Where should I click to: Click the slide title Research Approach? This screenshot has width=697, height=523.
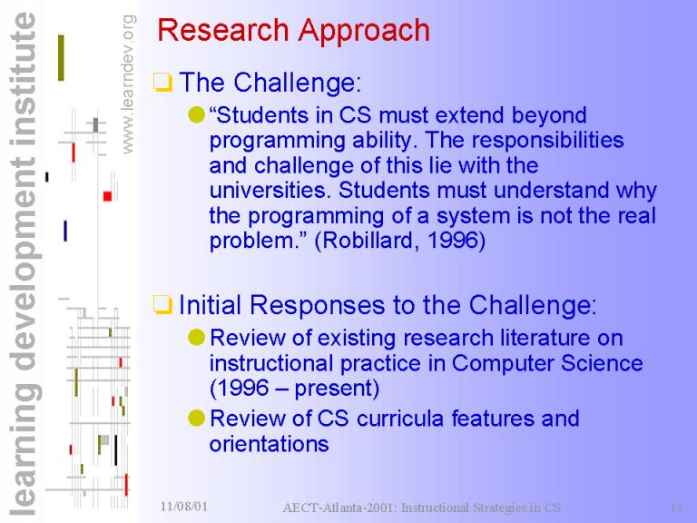(293, 30)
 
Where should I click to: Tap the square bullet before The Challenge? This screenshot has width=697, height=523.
(162, 83)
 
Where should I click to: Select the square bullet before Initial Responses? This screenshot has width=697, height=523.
(162, 305)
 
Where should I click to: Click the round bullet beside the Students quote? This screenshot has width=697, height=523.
(196, 115)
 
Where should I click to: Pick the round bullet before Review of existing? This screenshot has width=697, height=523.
(196, 338)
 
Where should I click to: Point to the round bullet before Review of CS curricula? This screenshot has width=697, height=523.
(196, 418)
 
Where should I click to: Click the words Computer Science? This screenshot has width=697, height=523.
(546, 363)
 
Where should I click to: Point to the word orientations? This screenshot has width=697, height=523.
(269, 444)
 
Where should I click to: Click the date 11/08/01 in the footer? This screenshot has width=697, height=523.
(183, 506)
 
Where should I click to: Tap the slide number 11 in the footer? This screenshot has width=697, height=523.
(676, 507)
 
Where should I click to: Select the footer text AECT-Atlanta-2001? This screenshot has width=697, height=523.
(340, 508)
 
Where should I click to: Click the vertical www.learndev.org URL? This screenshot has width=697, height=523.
(128, 84)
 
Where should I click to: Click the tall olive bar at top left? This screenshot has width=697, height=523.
(61, 58)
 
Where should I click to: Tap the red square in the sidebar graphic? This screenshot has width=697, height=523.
(107, 196)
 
